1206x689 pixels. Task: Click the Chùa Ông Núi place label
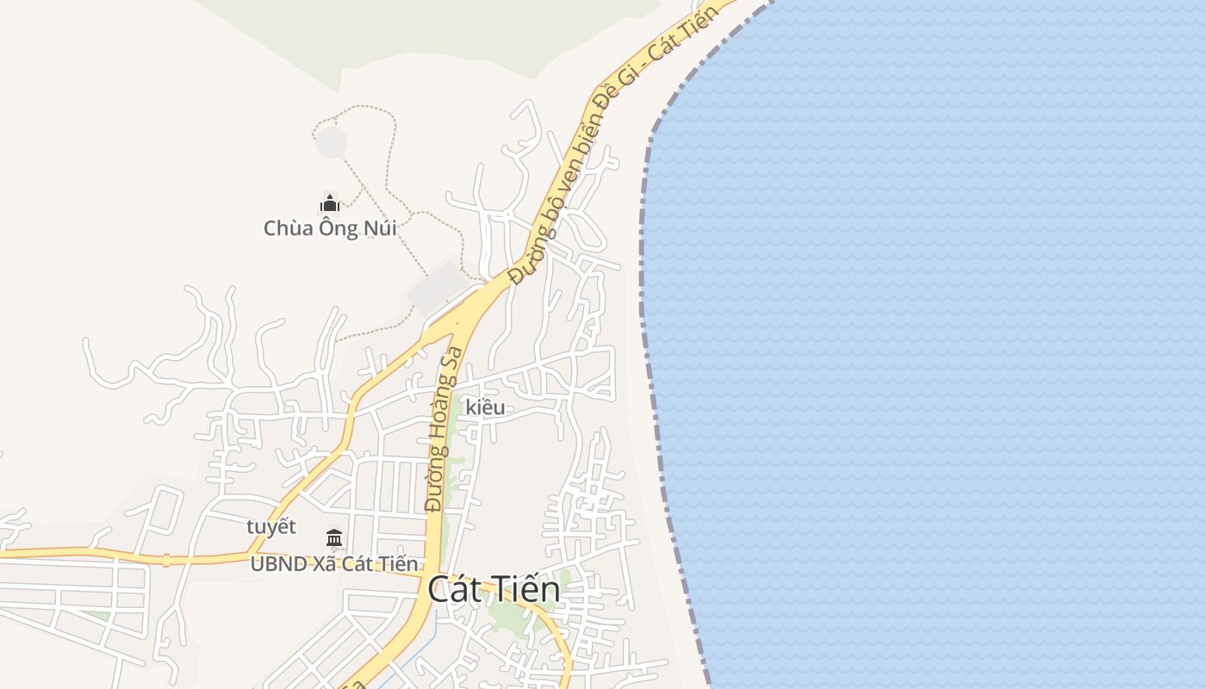point(330,228)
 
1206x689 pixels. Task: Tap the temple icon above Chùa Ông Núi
point(330,204)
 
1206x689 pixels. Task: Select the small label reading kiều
point(485,407)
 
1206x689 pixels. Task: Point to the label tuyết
point(271,526)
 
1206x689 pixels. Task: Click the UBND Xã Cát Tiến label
point(334,564)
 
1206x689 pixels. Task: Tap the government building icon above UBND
point(334,539)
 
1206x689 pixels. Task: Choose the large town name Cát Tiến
point(494,590)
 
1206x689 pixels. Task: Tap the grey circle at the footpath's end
point(332,142)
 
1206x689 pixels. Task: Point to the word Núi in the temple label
point(379,228)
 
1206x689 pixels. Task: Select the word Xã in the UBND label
point(326,564)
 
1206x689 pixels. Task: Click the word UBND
point(277,564)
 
